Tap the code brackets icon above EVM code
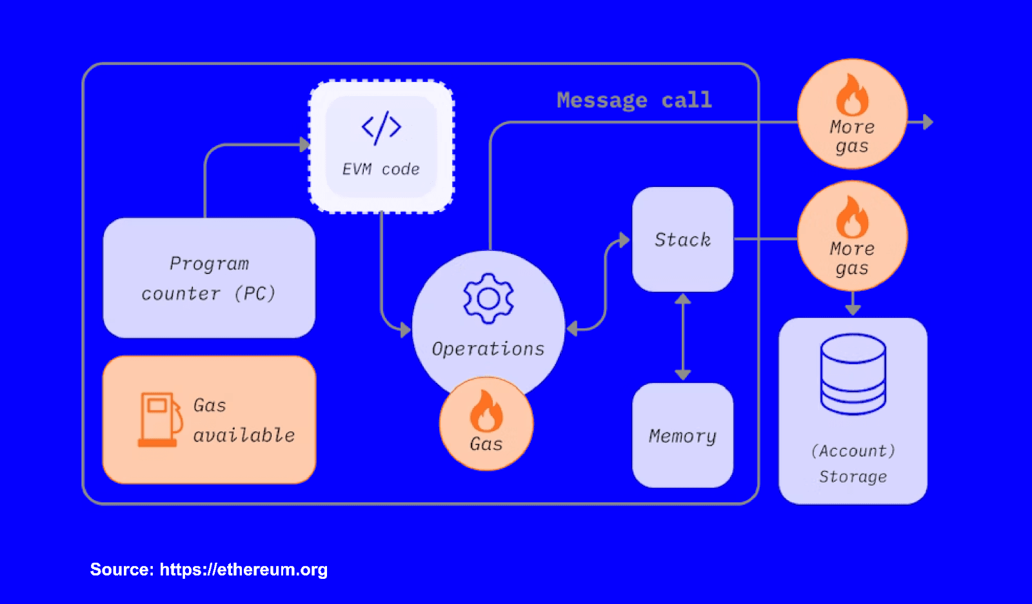381,127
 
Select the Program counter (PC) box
209,278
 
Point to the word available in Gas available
244,435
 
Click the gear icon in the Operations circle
488,298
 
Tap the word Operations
488,349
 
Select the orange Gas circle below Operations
486,424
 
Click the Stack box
682,239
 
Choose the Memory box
682,436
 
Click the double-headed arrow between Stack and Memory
682,336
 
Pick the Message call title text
634,100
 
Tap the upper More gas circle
852,114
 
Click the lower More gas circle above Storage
852,236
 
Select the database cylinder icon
853,373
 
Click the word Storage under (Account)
853,476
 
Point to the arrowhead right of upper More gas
928,122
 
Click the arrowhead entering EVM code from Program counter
304,144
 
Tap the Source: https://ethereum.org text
209,569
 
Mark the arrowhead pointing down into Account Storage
853,309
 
